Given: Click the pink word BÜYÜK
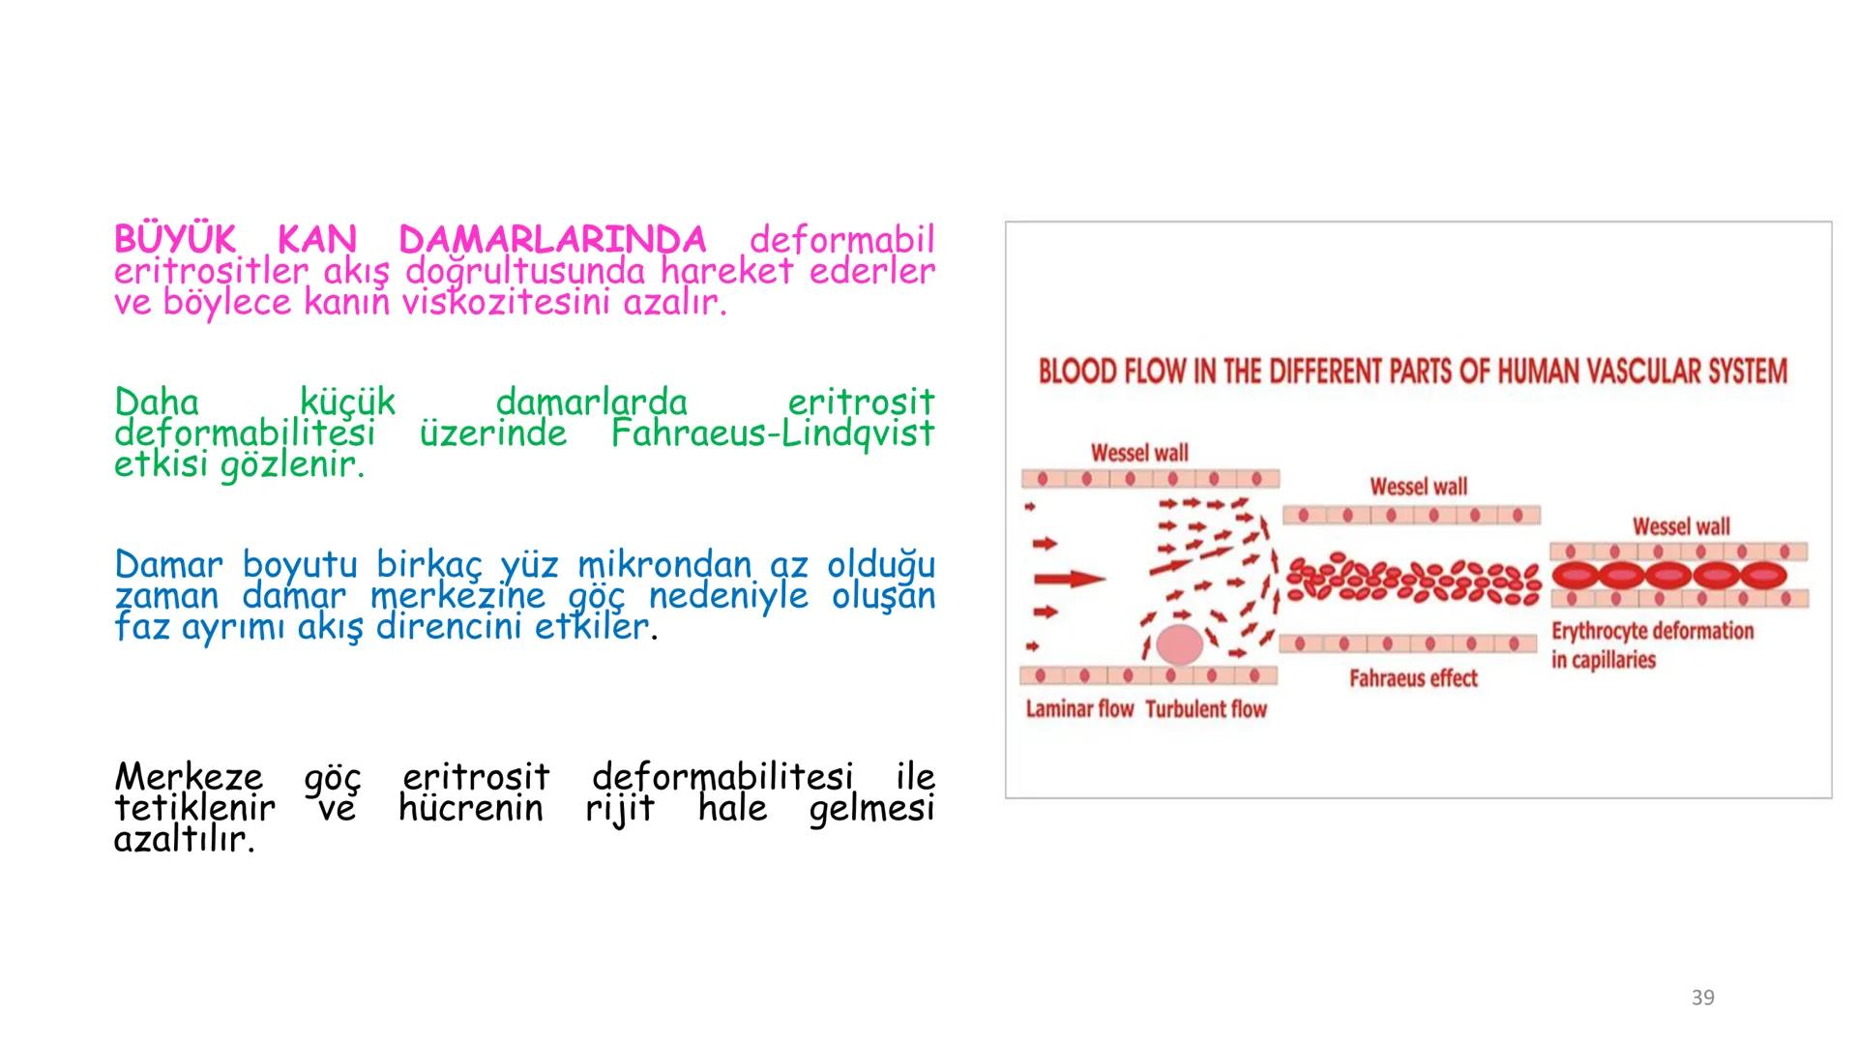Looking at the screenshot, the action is (x=174, y=239).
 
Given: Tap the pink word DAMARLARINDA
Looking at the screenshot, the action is (x=552, y=239).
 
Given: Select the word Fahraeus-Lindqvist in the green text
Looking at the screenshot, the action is (x=773, y=433).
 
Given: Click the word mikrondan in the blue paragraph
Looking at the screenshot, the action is (x=663, y=563).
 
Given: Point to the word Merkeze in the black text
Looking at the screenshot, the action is (x=189, y=776).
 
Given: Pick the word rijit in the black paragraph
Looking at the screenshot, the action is (x=620, y=809).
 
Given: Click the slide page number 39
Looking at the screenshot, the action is (x=1702, y=998).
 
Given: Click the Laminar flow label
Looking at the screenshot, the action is (x=1079, y=709).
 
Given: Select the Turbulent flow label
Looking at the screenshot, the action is (x=1206, y=709).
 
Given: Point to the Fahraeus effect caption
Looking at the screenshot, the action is (x=1413, y=678).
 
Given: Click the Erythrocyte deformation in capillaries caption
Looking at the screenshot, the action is (x=1652, y=645).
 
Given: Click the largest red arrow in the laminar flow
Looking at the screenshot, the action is (x=1070, y=580).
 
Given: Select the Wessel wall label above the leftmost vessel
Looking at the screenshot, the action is (x=1139, y=453).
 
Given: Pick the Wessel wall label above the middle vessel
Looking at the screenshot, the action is (x=1418, y=487).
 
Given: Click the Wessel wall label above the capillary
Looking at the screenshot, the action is (x=1681, y=526).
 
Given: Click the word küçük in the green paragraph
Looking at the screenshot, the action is (x=347, y=401).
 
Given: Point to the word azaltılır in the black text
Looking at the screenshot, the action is (x=184, y=840).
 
